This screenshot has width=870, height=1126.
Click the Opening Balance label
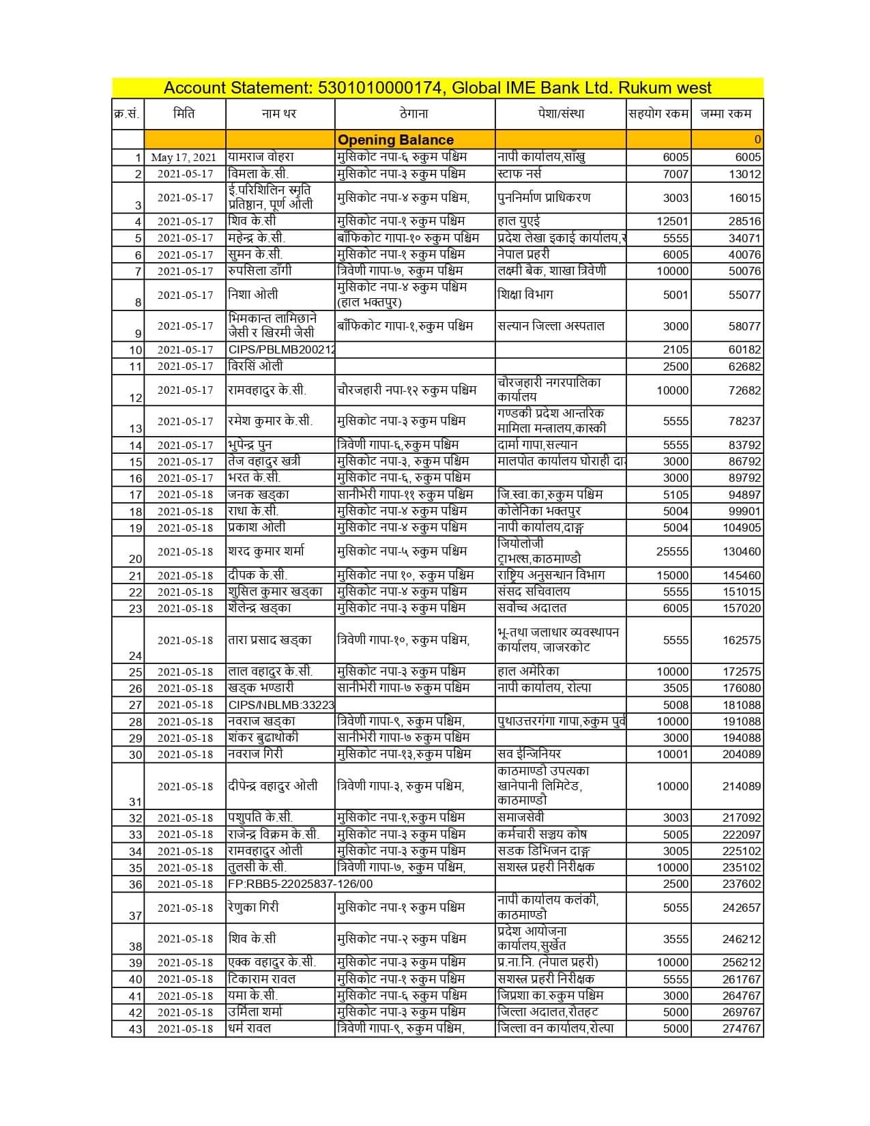(x=396, y=140)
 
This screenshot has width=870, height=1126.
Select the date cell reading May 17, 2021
(x=183, y=157)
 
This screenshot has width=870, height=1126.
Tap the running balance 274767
(x=742, y=1028)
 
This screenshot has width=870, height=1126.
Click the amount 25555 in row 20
(x=672, y=551)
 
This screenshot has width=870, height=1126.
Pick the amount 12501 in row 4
(x=672, y=221)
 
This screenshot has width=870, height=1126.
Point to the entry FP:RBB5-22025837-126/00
(x=300, y=884)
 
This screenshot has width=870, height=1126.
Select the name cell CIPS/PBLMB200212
(x=281, y=349)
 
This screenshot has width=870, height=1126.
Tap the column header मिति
(x=184, y=113)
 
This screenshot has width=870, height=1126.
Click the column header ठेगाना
(x=414, y=113)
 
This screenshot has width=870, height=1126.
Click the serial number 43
(x=135, y=1029)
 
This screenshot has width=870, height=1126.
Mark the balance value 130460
(x=742, y=551)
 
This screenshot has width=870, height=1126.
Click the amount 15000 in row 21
(x=672, y=575)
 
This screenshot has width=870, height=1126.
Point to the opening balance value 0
(x=757, y=140)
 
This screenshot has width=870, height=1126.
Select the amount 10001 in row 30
(x=672, y=754)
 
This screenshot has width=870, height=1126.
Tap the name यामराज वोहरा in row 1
(x=261, y=157)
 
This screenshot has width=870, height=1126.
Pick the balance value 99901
(x=744, y=511)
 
